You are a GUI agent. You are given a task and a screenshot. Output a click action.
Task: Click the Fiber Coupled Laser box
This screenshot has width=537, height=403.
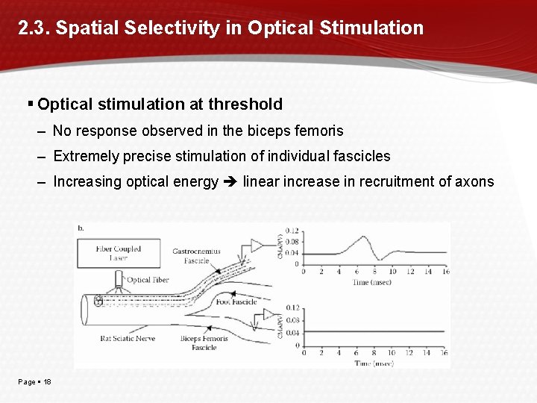pos(118,254)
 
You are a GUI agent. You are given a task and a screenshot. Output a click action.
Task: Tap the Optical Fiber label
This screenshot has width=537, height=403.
pos(149,281)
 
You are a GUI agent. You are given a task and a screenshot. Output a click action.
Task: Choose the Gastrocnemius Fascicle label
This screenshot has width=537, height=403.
pos(196,255)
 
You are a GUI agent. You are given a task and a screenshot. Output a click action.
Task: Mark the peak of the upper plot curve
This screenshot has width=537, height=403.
pos(363,237)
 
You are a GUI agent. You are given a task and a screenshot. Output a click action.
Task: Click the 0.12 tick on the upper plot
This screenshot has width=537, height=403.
pos(291,230)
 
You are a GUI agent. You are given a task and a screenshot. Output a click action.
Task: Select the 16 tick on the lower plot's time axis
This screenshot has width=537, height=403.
pos(445,353)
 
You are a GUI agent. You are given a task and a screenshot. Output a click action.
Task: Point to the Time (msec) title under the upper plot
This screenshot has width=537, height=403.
pos(371,282)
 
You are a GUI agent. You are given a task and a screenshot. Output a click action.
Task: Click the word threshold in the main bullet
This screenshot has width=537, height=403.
pos(246,104)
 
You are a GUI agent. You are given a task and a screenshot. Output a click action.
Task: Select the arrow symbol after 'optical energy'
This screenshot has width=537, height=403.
pos(230,181)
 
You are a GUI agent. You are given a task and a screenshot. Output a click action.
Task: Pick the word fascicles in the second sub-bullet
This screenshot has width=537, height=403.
pos(362,156)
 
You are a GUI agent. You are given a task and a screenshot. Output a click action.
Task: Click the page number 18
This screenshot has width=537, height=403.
pos(47,382)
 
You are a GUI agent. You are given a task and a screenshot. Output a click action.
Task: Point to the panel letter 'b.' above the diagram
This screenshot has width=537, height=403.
pos(81,228)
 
